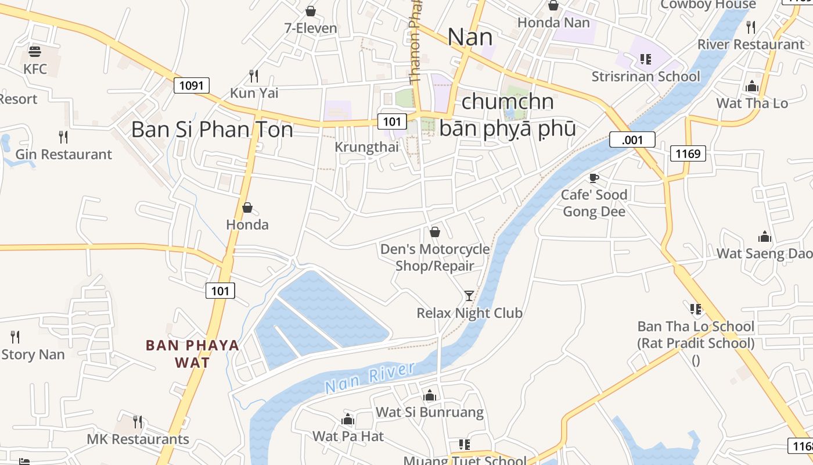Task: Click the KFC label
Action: (x=35, y=69)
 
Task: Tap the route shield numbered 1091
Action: (x=191, y=86)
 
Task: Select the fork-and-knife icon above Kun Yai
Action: (x=254, y=76)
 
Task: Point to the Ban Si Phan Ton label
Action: (x=212, y=129)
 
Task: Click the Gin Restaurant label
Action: (x=63, y=154)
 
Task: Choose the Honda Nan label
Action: (x=553, y=23)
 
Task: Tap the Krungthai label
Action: (x=366, y=147)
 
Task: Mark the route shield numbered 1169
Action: (x=688, y=153)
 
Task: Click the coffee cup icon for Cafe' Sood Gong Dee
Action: (x=593, y=178)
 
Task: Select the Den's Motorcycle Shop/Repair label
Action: (x=435, y=257)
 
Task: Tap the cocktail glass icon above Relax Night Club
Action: (x=469, y=296)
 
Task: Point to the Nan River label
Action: (x=370, y=377)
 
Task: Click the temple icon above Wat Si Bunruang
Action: (x=430, y=396)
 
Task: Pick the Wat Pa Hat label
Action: (x=348, y=436)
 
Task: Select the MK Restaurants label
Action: (x=138, y=439)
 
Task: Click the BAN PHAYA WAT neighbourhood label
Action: (x=192, y=354)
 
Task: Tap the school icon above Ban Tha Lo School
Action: (x=695, y=309)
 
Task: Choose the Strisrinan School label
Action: (x=646, y=77)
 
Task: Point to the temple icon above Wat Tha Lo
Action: (x=752, y=87)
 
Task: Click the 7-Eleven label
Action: (x=311, y=28)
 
